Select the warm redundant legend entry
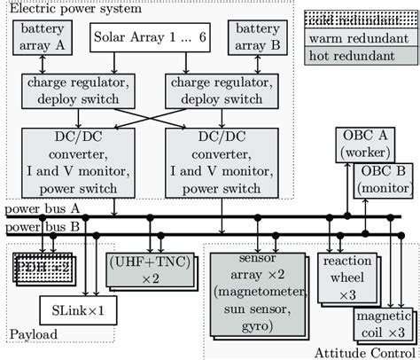(362, 38)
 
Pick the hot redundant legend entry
(362, 56)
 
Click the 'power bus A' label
(41, 211)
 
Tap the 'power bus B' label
(41, 227)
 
